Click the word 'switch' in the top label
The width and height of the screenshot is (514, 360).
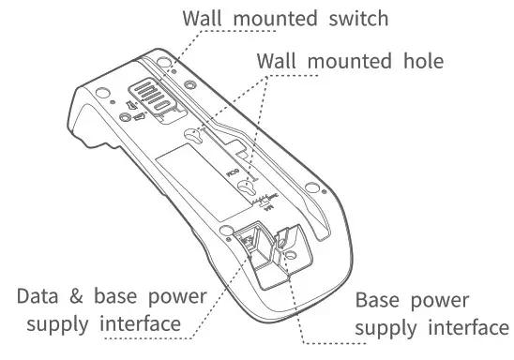click(x=356, y=18)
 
